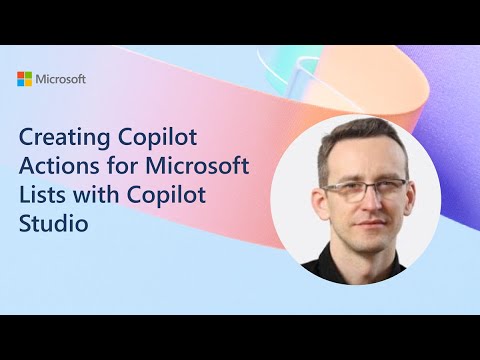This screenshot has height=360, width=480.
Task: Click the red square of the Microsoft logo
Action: [x=22, y=74]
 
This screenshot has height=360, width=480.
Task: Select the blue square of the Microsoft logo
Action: [x=22, y=82]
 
